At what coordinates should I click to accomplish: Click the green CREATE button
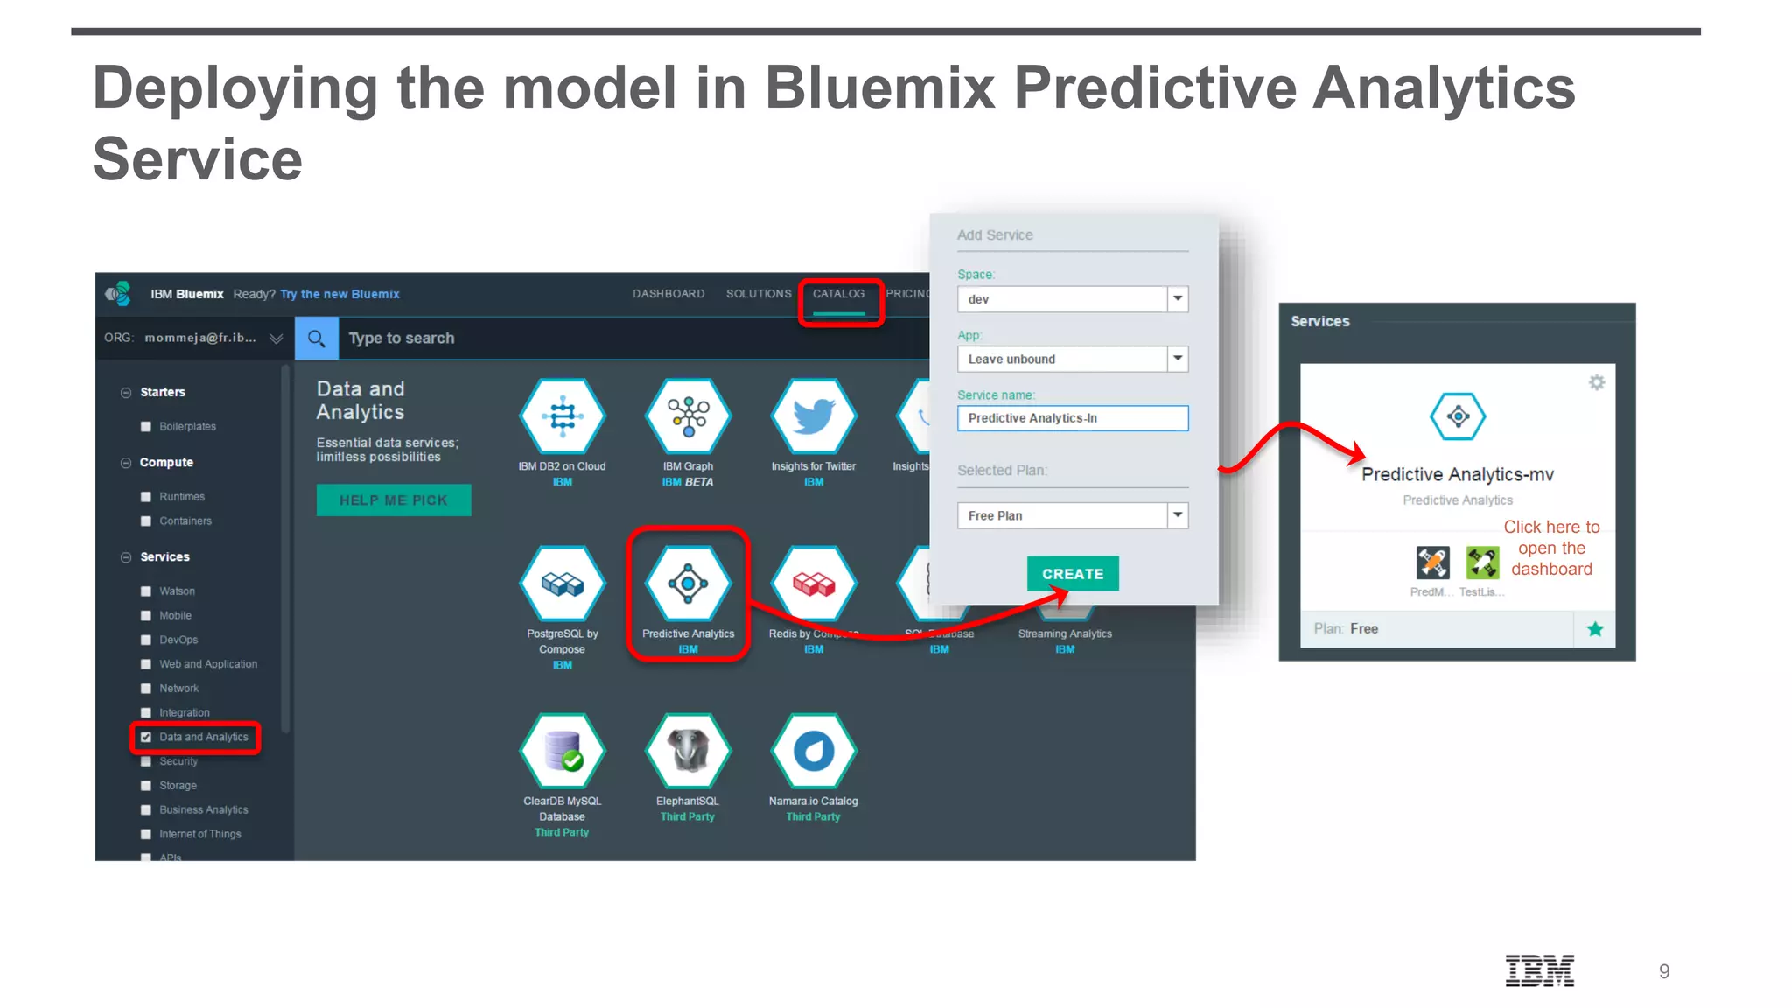1072,574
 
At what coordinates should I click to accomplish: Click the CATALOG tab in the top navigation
838,294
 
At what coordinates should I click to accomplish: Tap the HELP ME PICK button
394,500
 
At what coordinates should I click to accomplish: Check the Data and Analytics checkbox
146,737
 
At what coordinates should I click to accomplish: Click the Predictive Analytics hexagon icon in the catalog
688,584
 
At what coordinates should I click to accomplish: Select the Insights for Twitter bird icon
813,416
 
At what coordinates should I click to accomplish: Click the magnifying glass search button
317,338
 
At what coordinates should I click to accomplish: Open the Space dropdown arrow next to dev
1178,299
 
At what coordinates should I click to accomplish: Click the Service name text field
1072,418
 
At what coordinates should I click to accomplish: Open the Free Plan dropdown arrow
1178,515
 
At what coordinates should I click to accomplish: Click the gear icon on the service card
1596,382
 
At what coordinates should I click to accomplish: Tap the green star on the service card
1594,629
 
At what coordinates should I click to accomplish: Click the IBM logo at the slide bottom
1539,970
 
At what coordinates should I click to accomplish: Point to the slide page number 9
1663,971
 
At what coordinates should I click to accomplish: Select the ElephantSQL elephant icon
688,751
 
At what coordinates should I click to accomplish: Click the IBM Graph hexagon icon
688,416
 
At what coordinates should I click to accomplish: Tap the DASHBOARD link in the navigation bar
668,294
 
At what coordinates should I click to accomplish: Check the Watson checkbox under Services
146,591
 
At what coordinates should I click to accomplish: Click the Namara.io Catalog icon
813,751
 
